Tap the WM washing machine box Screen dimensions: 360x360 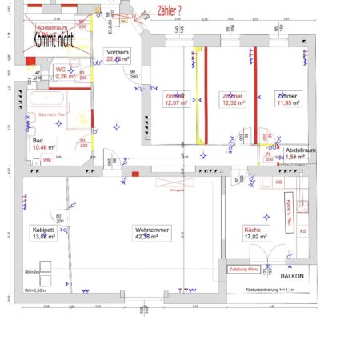[x=47, y=160]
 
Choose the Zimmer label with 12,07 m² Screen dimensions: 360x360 [x=175, y=100]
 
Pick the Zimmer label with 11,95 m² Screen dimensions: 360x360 [x=286, y=100]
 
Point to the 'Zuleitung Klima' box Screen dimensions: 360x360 [x=244, y=270]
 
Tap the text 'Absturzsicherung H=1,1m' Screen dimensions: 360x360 [x=270, y=290]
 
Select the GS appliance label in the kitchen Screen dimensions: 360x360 [x=279, y=182]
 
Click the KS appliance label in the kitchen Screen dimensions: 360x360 [x=302, y=231]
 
